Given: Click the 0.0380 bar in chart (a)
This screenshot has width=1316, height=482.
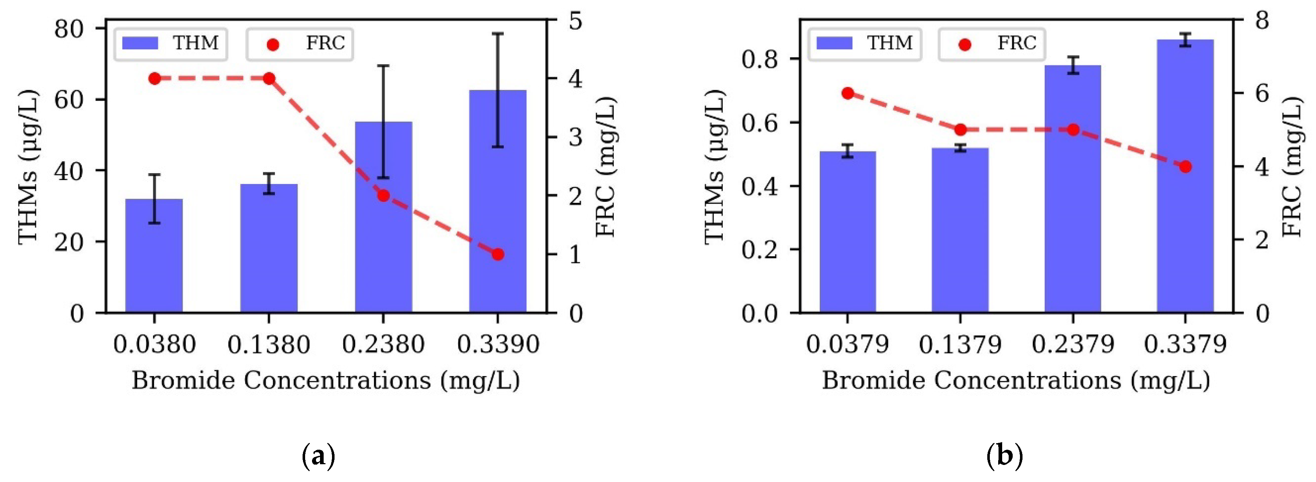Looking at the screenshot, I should (154, 255).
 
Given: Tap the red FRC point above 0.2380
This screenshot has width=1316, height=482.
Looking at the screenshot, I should (384, 196).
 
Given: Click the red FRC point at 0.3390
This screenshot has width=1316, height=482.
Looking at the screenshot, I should (498, 254).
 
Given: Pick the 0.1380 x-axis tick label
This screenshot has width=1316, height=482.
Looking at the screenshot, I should (269, 345).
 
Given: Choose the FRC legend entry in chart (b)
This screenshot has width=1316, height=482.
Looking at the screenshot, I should (992, 44).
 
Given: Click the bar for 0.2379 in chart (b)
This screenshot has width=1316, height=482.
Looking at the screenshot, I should (1073, 189).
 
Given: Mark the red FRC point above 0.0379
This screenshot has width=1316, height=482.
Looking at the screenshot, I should (848, 93).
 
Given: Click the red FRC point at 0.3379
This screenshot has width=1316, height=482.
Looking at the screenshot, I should (1186, 167).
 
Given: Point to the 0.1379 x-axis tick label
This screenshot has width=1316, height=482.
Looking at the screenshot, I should (960, 345).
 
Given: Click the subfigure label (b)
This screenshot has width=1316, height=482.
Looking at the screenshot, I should (1004, 456).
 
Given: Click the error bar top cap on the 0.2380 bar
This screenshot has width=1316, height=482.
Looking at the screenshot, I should (383, 66).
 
